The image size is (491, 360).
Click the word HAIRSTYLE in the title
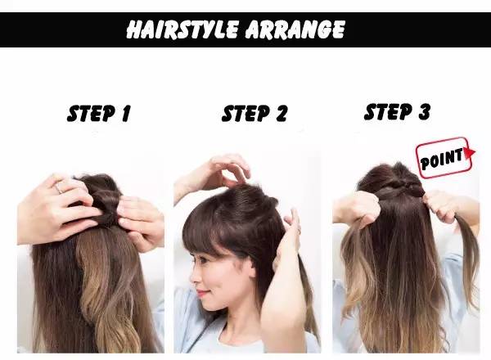[182, 29]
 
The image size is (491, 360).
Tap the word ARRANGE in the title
[295, 29]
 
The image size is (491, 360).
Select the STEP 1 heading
[99, 113]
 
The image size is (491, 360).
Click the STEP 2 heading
[254, 113]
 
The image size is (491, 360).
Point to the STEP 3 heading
[397, 112]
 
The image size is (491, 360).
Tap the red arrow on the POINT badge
[469, 153]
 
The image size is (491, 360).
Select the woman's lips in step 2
[201, 294]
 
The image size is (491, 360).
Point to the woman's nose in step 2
[193, 277]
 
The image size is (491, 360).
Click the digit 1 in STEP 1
[126, 113]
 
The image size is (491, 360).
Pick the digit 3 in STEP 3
[425, 112]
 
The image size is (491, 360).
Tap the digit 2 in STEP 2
[281, 113]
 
